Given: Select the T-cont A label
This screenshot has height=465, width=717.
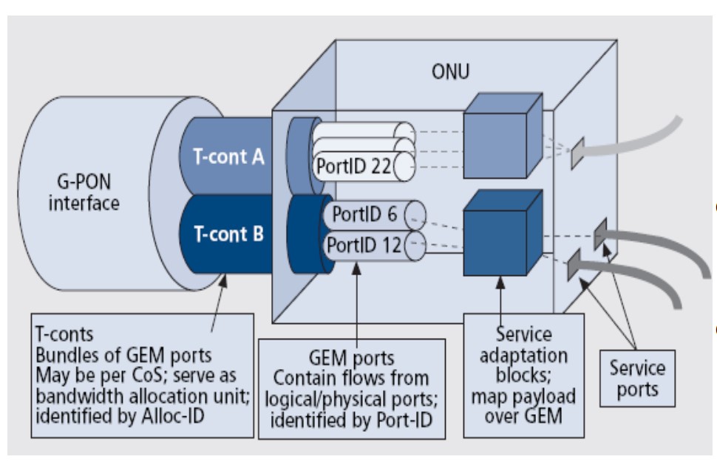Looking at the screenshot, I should click(223, 156).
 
